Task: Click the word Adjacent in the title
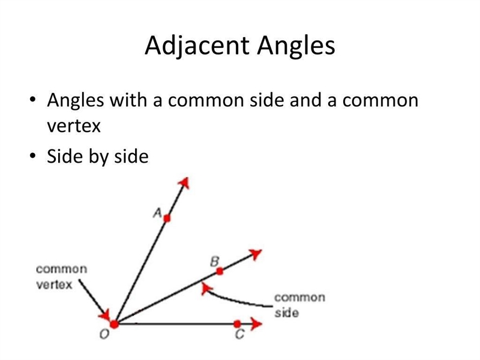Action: pyautogui.click(x=198, y=46)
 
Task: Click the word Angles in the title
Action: pyautogui.click(x=296, y=46)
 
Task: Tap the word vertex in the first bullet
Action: pyautogui.click(x=74, y=126)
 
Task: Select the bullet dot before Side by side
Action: pyautogui.click(x=32, y=155)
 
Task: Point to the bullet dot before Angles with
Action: pyautogui.click(x=32, y=100)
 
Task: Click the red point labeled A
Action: pyautogui.click(x=167, y=218)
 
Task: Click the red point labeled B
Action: pyautogui.click(x=220, y=271)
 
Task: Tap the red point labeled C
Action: pyautogui.click(x=237, y=323)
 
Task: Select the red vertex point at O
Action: pyautogui.click(x=114, y=324)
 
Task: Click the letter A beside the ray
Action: pyautogui.click(x=157, y=212)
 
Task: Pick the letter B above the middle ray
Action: pyautogui.click(x=215, y=262)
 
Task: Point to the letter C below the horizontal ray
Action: pyautogui.click(x=239, y=334)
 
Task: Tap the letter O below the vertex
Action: pyautogui.click(x=104, y=334)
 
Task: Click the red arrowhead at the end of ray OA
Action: pyautogui.click(x=184, y=183)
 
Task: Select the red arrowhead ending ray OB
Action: pyautogui.click(x=256, y=254)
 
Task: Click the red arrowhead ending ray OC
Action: pyautogui.click(x=257, y=323)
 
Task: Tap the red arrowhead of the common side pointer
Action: pyautogui.click(x=206, y=289)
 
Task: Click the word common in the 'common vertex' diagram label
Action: pyautogui.click(x=62, y=269)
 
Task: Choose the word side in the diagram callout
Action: pyautogui.click(x=287, y=313)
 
